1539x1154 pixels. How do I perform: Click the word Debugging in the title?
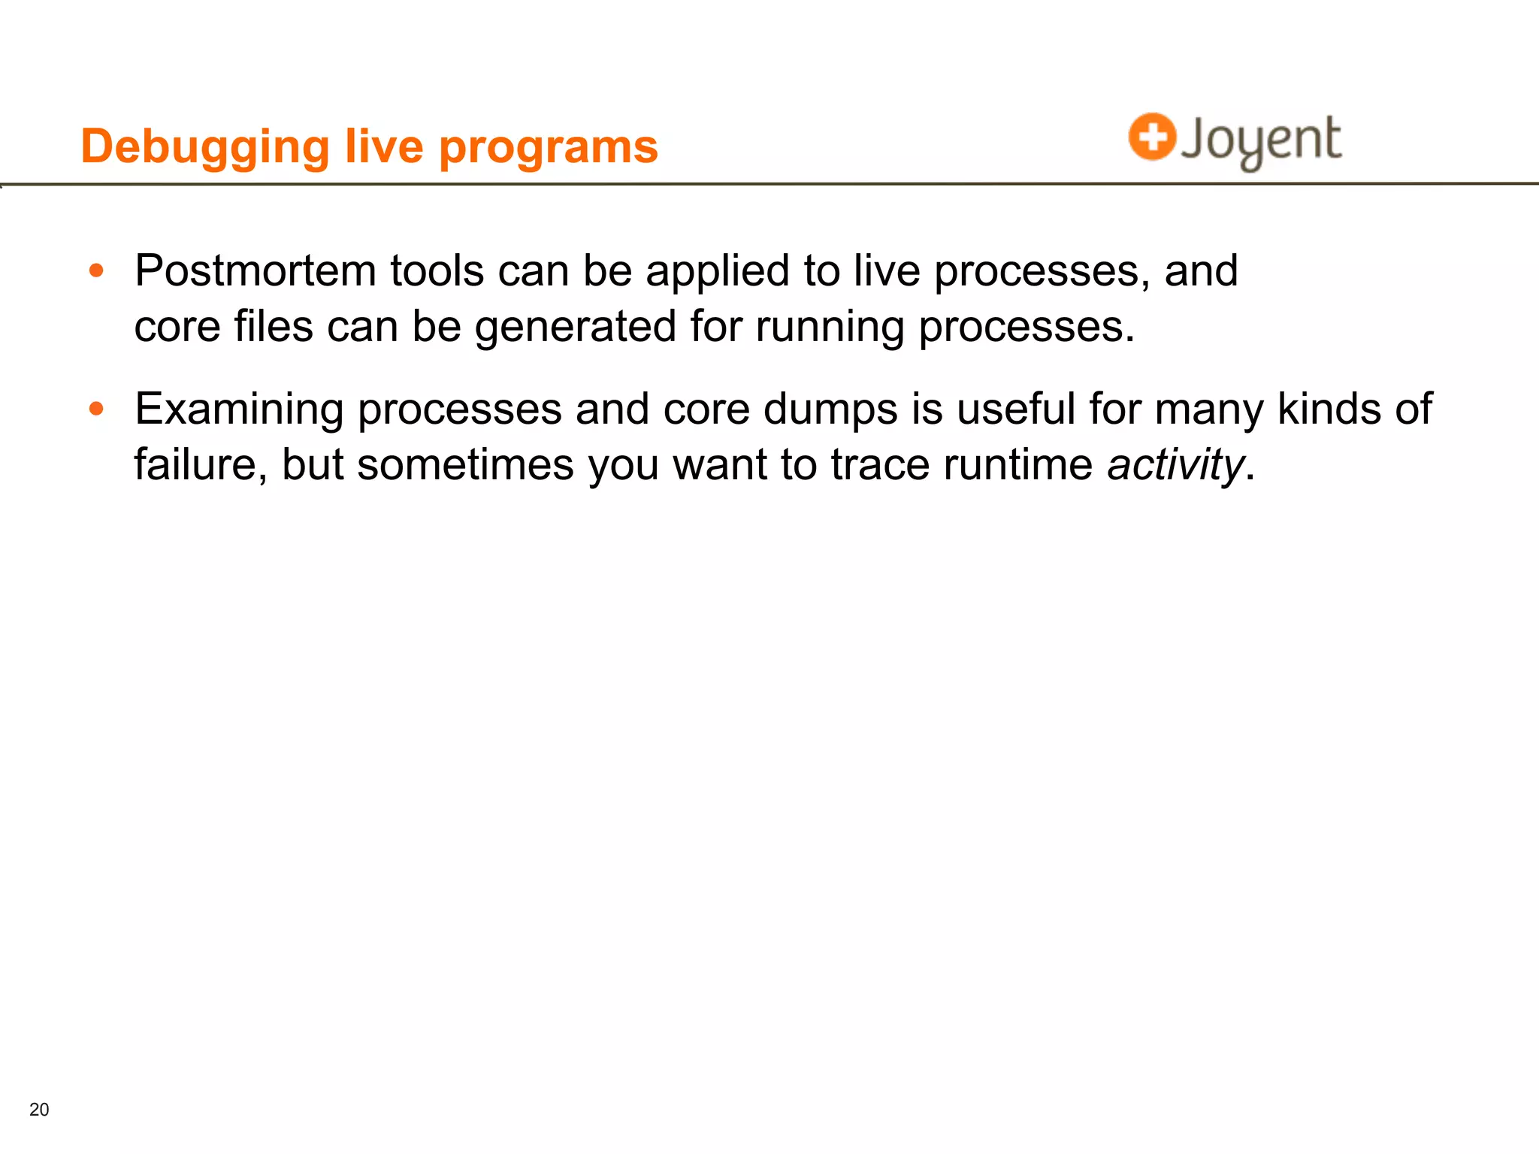point(204,147)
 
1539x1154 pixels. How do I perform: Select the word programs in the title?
point(548,147)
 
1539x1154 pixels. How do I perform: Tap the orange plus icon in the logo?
point(1151,137)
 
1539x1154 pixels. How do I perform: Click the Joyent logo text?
point(1261,140)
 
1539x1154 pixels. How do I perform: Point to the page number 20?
point(39,1109)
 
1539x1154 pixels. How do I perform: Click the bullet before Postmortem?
point(96,270)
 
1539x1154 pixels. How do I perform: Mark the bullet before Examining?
point(96,409)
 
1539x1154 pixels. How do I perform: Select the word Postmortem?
point(255,270)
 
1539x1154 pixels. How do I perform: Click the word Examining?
point(239,409)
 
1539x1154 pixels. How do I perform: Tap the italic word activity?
point(1175,464)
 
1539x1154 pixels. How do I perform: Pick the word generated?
point(576,327)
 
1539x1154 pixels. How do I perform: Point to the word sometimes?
point(465,464)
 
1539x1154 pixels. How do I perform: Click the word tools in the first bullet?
point(437,270)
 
